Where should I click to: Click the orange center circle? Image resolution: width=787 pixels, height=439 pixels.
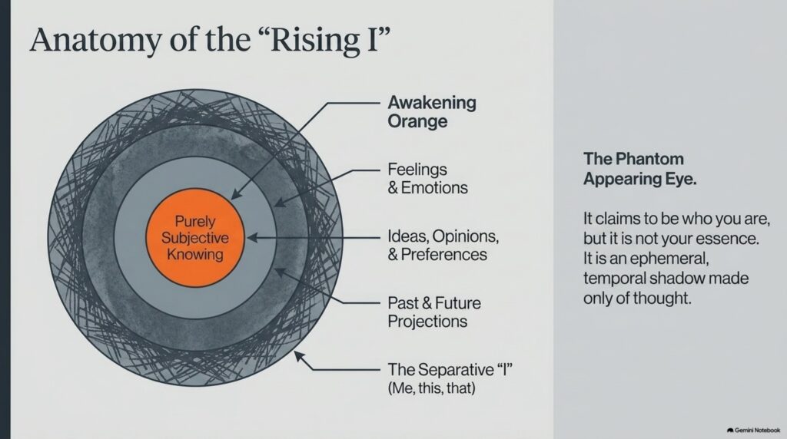tap(195, 238)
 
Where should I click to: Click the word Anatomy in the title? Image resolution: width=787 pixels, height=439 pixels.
tap(96, 40)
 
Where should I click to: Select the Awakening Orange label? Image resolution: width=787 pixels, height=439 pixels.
tap(432, 111)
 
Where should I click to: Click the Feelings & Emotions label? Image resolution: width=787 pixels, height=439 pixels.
tap(427, 178)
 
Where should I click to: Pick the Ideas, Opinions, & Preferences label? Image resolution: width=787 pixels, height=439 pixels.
tap(443, 245)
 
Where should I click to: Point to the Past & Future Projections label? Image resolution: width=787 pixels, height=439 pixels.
tap(434, 312)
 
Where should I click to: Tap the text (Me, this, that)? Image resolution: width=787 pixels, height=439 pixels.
tap(431, 388)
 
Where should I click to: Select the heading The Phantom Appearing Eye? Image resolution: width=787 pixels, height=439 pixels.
tap(640, 168)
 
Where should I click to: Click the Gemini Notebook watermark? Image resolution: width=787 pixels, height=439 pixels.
tap(753, 430)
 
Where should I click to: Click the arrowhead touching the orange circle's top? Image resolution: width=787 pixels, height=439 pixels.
tap(235, 194)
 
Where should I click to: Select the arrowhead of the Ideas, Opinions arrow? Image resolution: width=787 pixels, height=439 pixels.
tap(252, 238)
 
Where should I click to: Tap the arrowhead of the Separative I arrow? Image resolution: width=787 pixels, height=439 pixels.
tap(299, 356)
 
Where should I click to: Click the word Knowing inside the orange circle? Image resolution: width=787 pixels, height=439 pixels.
tap(194, 255)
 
